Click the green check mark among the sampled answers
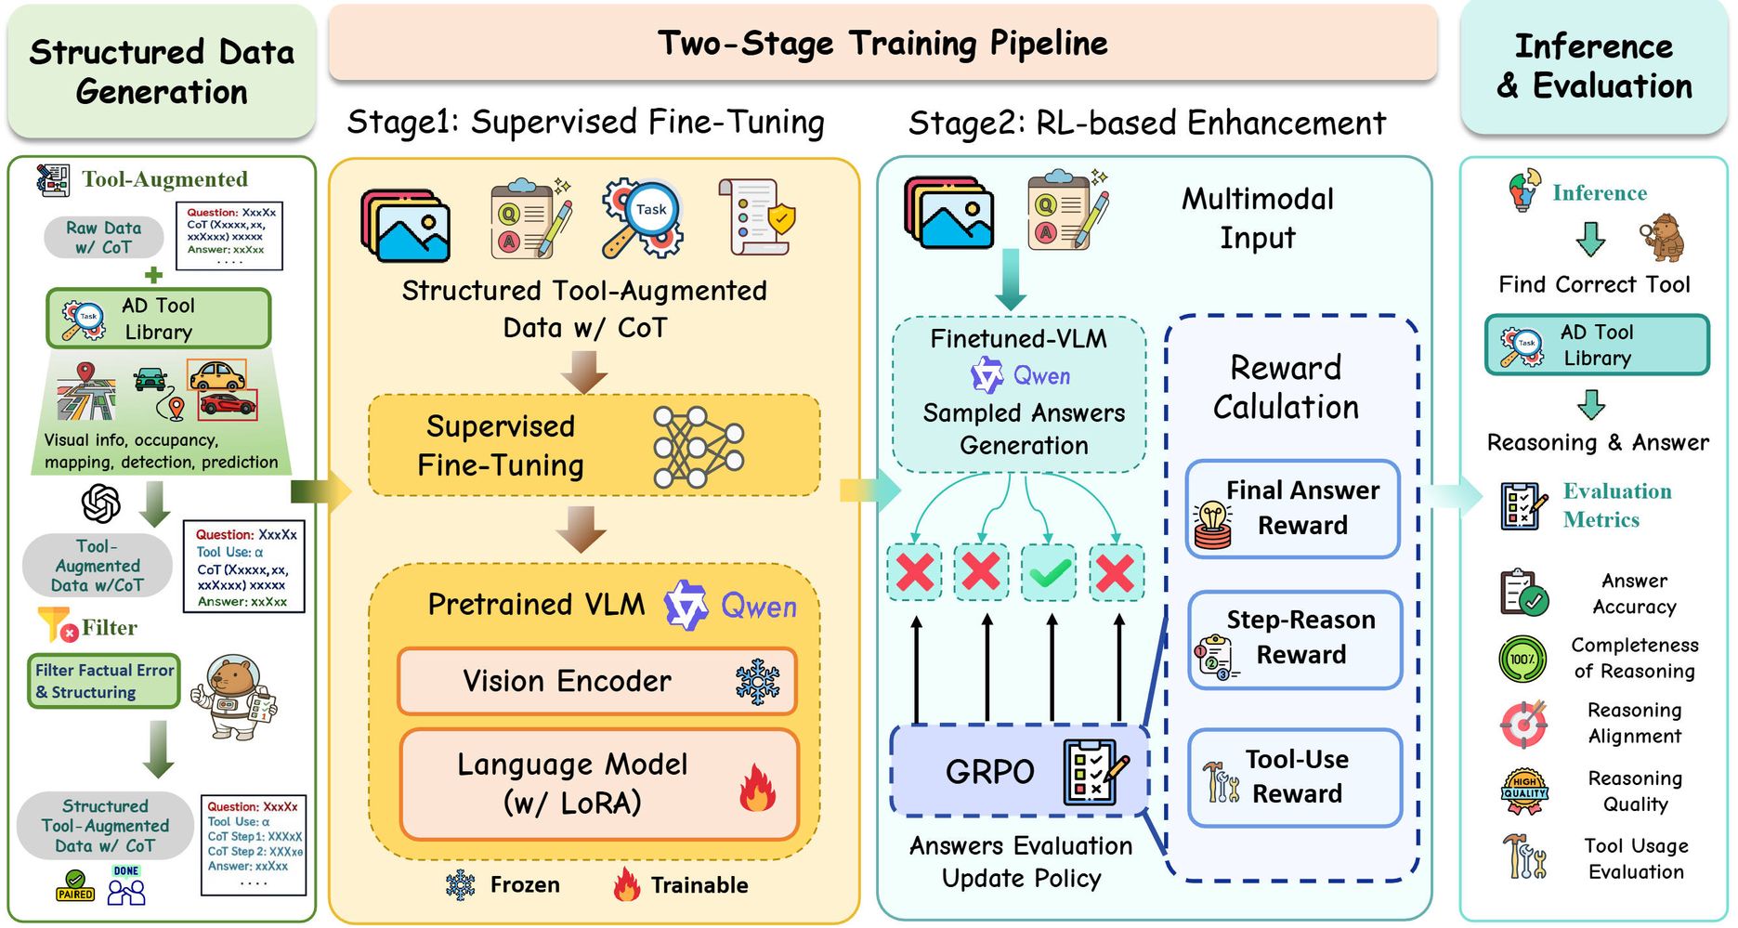click(1049, 572)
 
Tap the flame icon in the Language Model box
click(757, 788)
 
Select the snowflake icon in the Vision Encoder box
click(757, 682)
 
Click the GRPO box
click(1019, 771)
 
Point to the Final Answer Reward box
click(1293, 508)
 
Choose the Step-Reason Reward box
click(1295, 638)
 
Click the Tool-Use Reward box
click(1295, 777)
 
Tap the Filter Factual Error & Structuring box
click(104, 682)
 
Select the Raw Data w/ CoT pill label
click(104, 238)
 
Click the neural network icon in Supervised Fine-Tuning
click(698, 447)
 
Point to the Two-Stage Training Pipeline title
click(882, 43)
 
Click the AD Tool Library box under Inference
click(1596, 345)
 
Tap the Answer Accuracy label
click(1634, 594)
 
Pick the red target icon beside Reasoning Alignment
click(1523, 724)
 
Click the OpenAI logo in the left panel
click(100, 504)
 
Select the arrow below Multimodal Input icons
click(1010, 280)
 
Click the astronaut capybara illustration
click(233, 697)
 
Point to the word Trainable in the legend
click(699, 885)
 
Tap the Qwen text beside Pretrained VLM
click(758, 608)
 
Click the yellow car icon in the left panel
click(216, 375)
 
